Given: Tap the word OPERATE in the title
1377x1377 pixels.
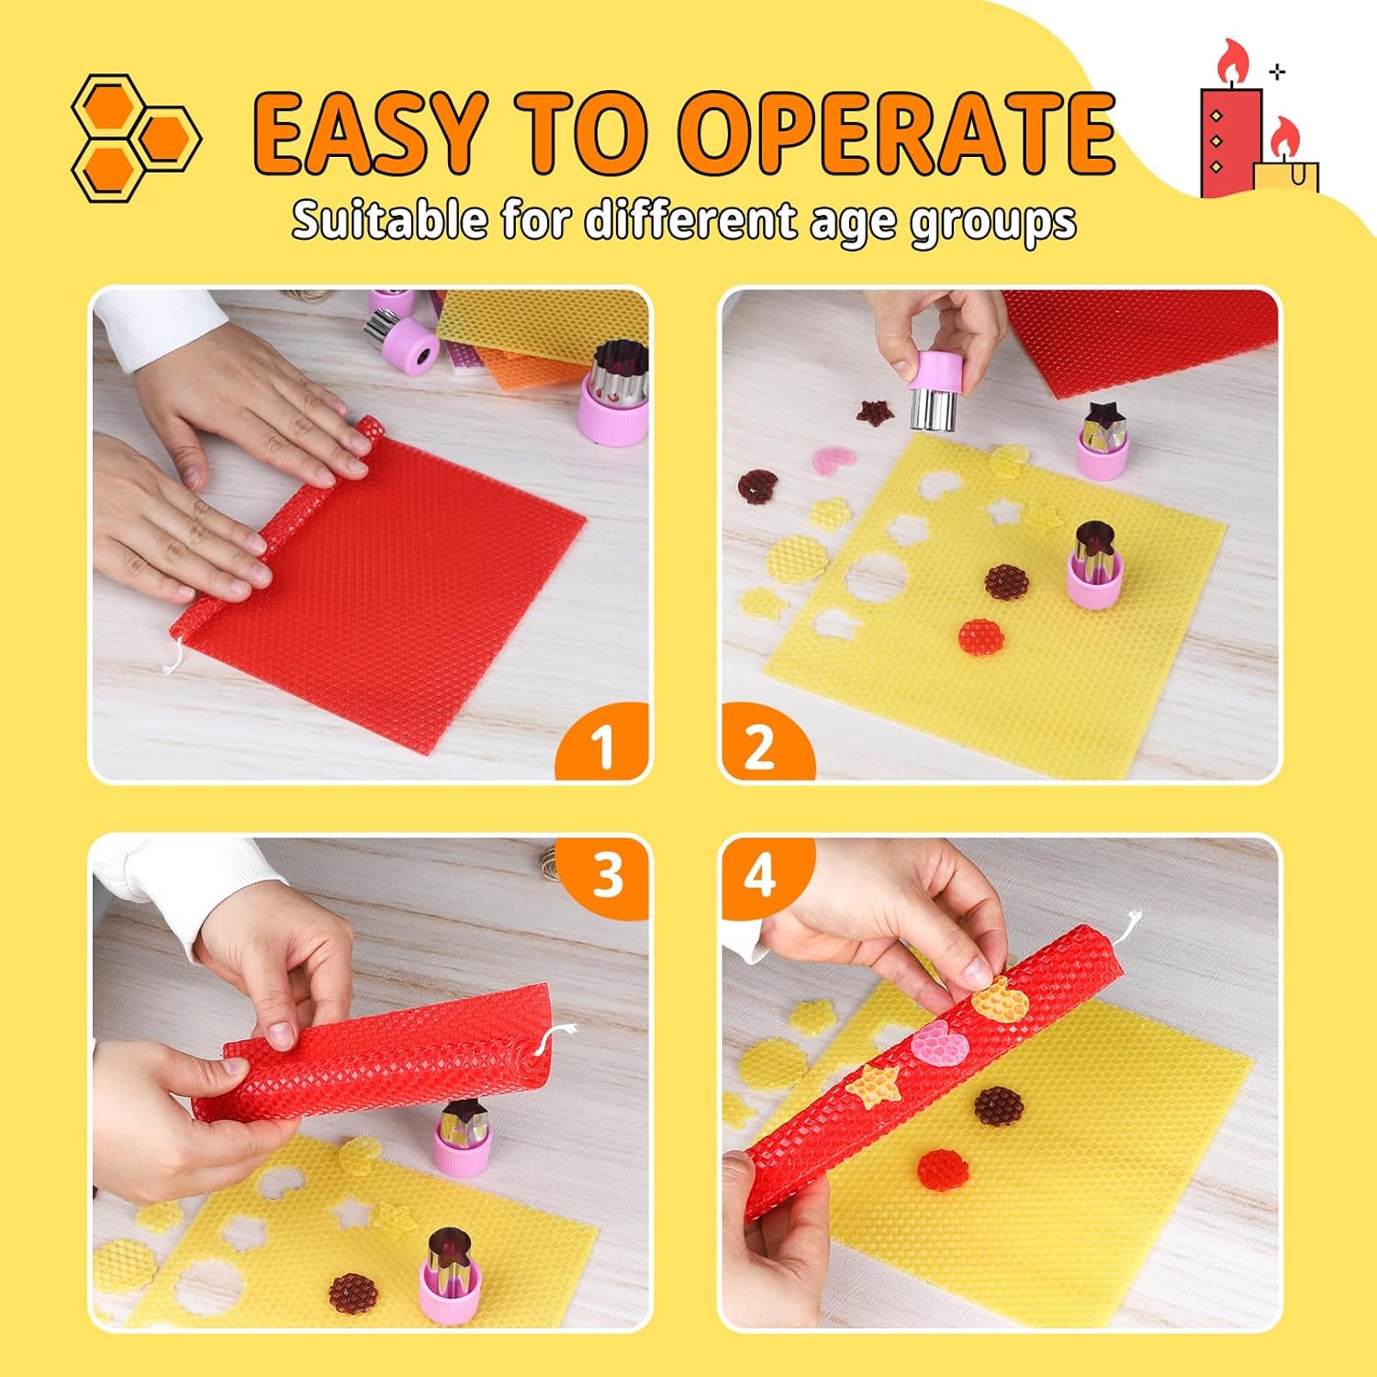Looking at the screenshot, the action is pos(901,132).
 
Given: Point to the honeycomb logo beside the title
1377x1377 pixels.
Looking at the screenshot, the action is pos(136,138).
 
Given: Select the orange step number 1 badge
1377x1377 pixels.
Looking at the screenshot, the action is pos(603,744).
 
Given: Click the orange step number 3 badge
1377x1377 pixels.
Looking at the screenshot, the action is pos(606,874).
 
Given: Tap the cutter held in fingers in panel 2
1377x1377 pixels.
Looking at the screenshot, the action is pos(935,390).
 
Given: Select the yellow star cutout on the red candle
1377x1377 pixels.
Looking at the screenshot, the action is pos(874,1085).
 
